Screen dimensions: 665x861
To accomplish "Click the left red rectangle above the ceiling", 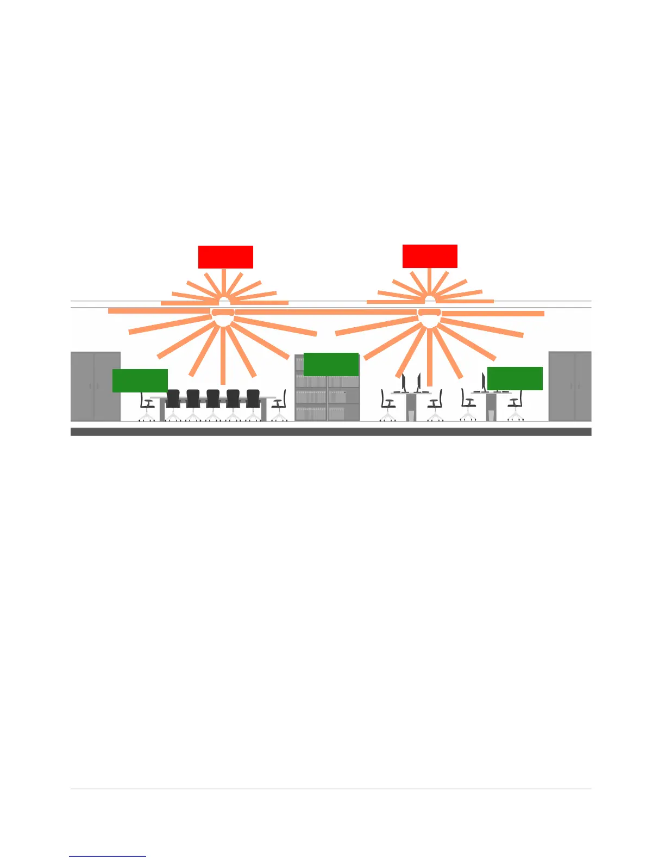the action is [x=225, y=257].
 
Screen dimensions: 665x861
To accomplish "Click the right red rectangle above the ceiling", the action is [x=430, y=256].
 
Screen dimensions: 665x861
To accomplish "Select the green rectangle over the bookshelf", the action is [x=331, y=364].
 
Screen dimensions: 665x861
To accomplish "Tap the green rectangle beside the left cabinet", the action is [x=140, y=380].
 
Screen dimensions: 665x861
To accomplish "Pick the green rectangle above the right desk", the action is [x=515, y=378].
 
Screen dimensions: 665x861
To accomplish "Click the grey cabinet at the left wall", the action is [x=95, y=386].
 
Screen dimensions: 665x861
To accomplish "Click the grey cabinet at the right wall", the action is [x=570, y=386].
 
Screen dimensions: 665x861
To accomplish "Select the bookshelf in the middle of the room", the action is [x=327, y=400].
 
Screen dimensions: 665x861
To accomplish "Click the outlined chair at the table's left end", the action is [x=146, y=405].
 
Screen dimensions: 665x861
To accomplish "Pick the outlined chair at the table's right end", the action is [x=280, y=405].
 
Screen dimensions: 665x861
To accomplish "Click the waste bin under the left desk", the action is [x=411, y=415].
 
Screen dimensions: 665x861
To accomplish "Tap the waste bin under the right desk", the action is [x=491, y=415].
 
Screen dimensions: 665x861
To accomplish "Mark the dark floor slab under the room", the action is [x=331, y=432].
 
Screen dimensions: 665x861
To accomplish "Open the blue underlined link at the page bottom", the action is [x=108, y=856].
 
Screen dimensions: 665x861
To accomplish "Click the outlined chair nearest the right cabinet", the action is [x=516, y=405].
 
